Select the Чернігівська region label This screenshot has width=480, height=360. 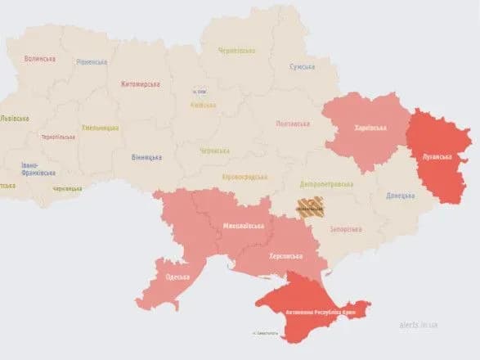pyautogui.click(x=236, y=51)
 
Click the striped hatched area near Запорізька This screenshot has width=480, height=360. pyautogui.click(x=313, y=206)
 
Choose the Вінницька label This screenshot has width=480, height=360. pyautogui.click(x=146, y=157)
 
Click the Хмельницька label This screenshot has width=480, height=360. pyautogui.click(x=100, y=128)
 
